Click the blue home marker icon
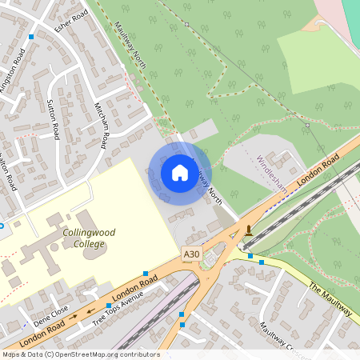pos(180,172)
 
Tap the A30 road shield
pos(190,254)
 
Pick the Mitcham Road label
pos(101,126)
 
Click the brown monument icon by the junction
pos(250,231)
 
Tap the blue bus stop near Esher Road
pos(31,37)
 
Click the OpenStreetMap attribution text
pos(80,354)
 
